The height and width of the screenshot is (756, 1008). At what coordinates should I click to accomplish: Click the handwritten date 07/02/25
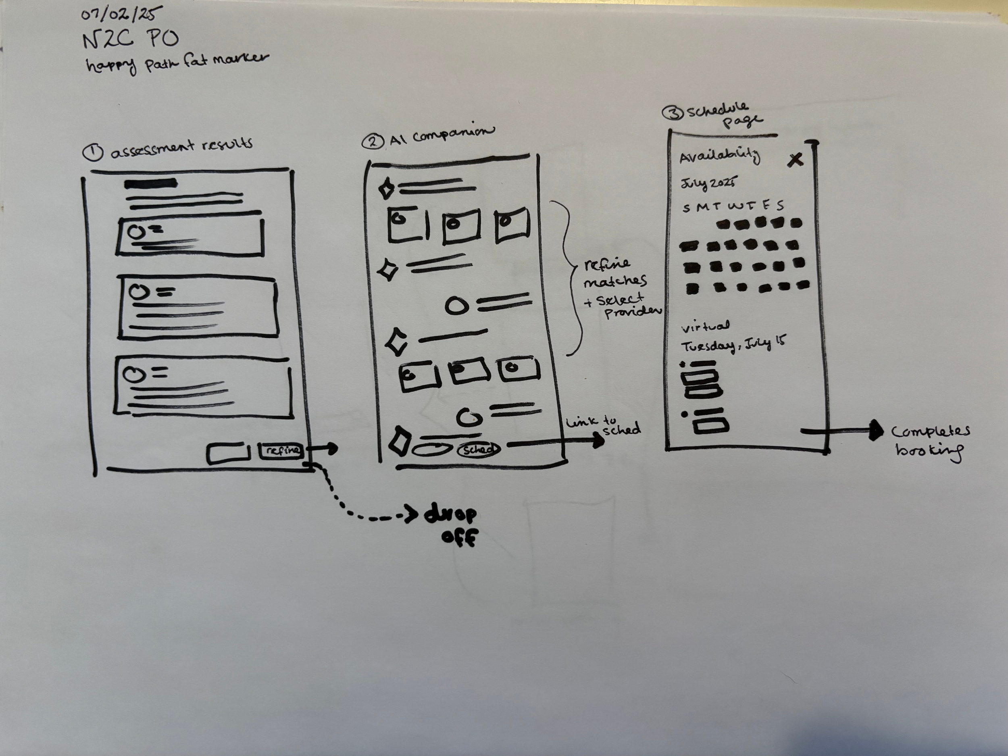point(121,15)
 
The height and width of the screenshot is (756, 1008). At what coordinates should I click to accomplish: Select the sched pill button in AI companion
point(479,449)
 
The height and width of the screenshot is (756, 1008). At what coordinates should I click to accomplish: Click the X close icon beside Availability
point(795,160)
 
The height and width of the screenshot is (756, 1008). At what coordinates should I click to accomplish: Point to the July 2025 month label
point(708,183)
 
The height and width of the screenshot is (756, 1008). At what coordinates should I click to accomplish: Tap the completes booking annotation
point(930,441)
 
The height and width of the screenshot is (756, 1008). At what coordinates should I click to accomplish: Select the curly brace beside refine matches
point(567,278)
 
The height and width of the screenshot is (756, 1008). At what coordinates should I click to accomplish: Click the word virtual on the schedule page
point(705,326)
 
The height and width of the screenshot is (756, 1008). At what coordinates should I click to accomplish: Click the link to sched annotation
point(603,426)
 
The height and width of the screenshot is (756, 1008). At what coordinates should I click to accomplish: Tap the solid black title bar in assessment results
point(151,184)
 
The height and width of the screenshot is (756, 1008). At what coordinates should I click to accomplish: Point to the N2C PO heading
point(131,40)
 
